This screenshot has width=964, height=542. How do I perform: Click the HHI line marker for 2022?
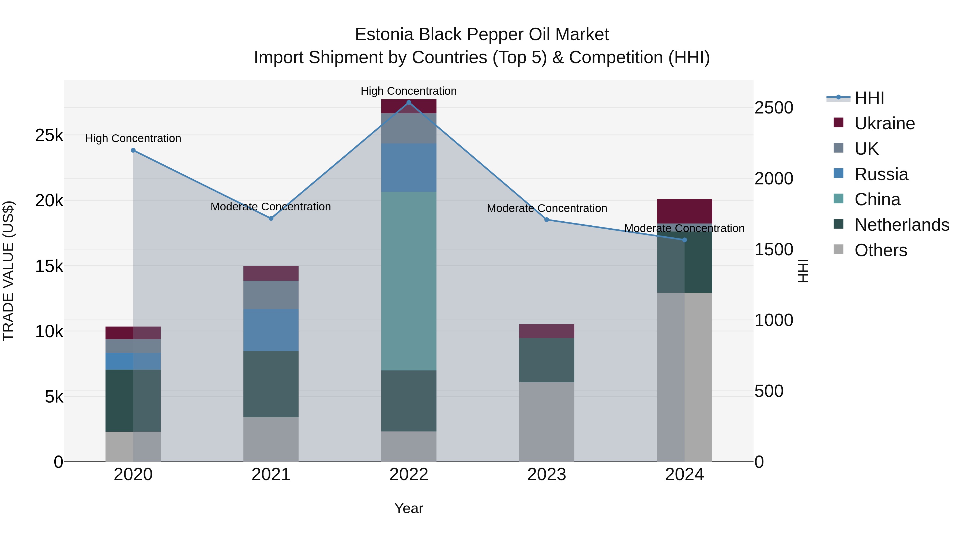click(409, 103)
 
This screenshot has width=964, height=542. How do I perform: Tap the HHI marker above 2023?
click(546, 219)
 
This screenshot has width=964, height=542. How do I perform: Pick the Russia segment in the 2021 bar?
click(271, 330)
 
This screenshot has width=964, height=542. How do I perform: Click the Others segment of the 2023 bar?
click(546, 422)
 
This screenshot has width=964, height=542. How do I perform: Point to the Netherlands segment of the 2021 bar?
click(271, 384)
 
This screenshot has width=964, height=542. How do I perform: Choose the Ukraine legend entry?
click(884, 123)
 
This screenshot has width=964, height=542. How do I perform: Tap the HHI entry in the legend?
click(869, 98)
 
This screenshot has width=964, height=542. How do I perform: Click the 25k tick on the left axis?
click(49, 135)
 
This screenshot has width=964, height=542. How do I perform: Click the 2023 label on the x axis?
click(546, 475)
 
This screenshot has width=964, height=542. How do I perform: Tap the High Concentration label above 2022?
click(409, 91)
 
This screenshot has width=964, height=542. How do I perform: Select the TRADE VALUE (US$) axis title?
click(8, 271)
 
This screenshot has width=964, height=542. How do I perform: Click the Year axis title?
click(409, 508)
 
